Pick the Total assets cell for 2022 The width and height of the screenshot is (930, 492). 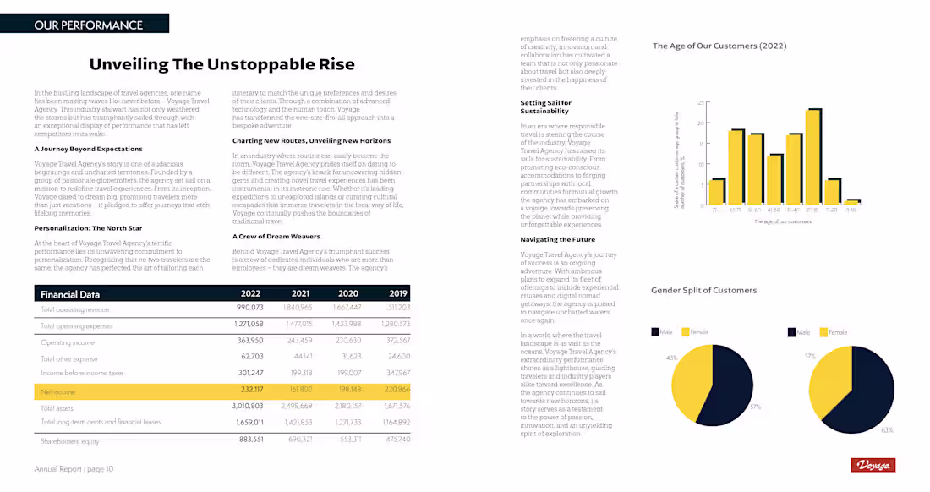(248, 407)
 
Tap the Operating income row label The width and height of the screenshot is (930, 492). (68, 342)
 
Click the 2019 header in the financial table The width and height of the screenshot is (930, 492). (398, 294)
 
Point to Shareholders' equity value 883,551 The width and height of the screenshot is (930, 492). (251, 440)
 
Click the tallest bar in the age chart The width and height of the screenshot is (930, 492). (813, 156)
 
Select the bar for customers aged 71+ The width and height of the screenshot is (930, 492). (717, 192)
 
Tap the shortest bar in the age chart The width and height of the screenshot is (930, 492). (854, 201)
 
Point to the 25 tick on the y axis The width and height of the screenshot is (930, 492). (701, 103)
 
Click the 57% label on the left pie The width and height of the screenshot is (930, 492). (755, 407)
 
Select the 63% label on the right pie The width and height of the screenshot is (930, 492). (887, 429)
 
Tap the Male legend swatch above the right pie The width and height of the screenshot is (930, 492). (791, 332)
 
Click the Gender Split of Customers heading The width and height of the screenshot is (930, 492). (703, 290)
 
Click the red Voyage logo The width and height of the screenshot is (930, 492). (873, 465)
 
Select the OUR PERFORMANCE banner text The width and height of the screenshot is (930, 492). (89, 25)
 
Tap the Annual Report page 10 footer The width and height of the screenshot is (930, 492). (74, 468)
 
